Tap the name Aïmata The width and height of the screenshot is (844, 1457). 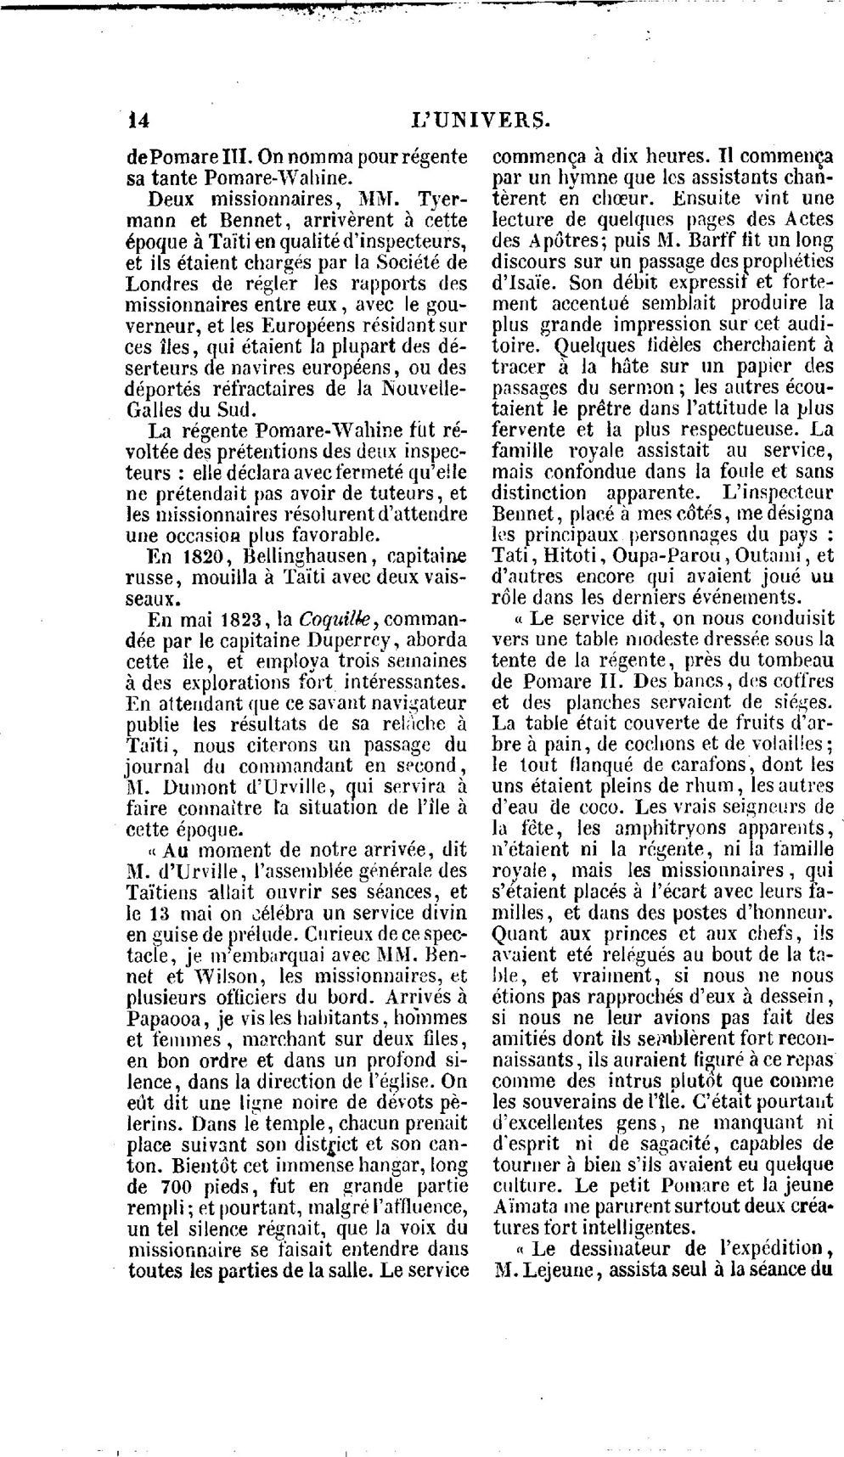529,1207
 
